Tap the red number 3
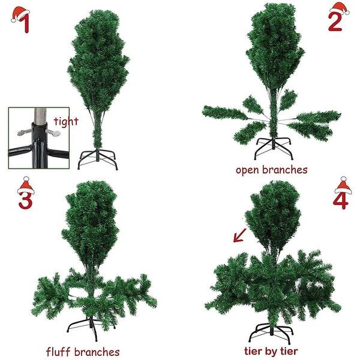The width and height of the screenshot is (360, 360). tap(25, 199)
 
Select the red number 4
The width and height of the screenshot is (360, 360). tap(340, 200)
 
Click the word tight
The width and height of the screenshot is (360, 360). tap(65, 121)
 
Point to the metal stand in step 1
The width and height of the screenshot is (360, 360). tap(98, 159)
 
